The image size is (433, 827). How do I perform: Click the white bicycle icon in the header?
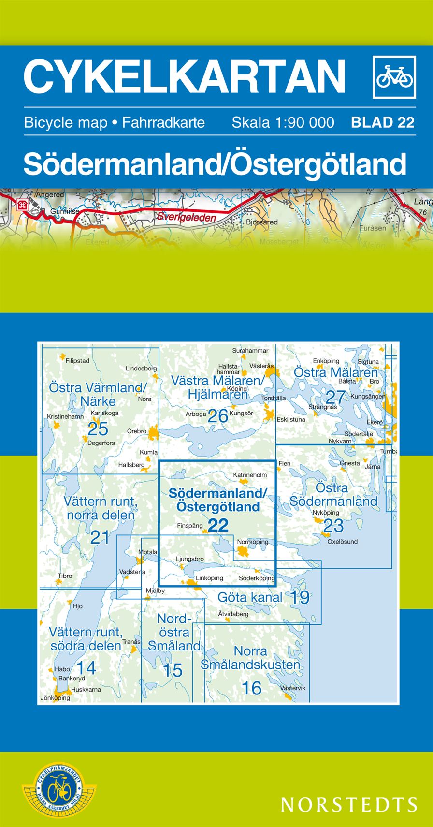394,77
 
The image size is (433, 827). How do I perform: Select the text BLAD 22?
383,122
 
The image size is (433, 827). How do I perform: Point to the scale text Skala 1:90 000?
283,122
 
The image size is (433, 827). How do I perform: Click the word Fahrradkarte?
163,122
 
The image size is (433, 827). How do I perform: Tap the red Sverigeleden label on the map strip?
186,218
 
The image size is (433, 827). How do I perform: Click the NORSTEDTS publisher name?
349,804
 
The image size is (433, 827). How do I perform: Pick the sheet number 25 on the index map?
98,429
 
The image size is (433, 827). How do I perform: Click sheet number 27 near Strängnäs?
335,397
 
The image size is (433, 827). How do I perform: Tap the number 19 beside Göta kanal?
300,597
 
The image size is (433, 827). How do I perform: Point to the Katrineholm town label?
250,475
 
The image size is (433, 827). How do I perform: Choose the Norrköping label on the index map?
252,542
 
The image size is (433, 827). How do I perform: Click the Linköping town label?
209,578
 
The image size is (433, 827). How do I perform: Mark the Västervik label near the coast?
293,688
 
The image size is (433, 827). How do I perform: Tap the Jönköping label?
55,698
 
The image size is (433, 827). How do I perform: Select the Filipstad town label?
77,361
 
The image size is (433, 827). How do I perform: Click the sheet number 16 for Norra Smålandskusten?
251,688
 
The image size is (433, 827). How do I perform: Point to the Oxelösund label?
342,542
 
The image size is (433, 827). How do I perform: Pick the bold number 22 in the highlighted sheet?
218,525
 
